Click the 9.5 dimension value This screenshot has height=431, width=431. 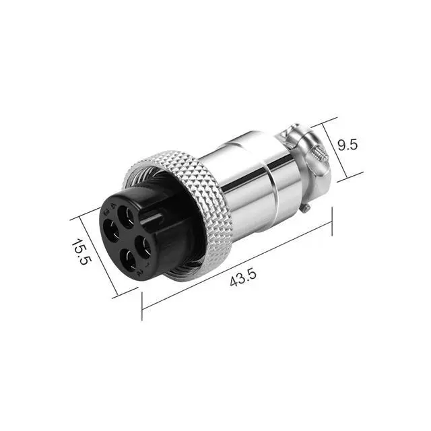click(347, 145)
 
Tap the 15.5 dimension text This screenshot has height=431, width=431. click(80, 251)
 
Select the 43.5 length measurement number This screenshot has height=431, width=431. click(243, 277)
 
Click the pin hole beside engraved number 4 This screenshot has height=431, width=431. click(126, 217)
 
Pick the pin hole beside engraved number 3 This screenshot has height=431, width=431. click(111, 231)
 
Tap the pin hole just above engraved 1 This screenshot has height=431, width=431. click(143, 245)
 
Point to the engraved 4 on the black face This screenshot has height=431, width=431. click(112, 205)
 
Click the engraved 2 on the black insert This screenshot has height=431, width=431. click(140, 273)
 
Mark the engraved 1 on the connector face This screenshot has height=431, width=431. click(147, 265)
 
